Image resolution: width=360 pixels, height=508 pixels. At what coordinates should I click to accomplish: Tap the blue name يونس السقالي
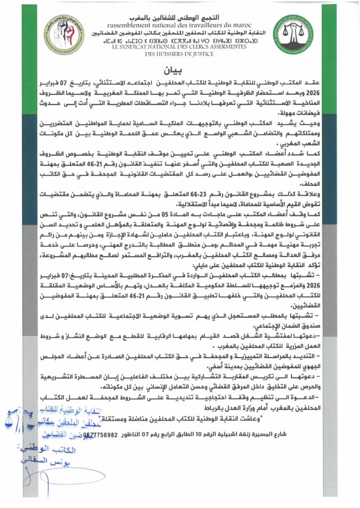[x=50, y=460]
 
